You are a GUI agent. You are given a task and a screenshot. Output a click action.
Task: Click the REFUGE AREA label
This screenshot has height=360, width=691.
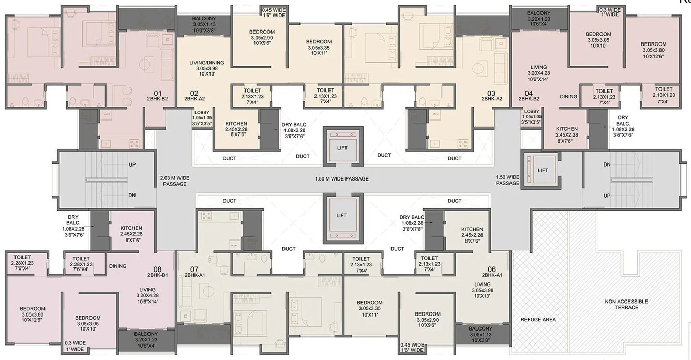tap(538, 319)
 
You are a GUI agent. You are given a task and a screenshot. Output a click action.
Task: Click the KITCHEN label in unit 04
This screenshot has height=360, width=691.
tap(567, 129)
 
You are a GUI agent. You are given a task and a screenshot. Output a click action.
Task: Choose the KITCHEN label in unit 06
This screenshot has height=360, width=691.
tap(472, 229)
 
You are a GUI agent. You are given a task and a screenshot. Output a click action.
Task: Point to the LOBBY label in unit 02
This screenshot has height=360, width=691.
tap(202, 112)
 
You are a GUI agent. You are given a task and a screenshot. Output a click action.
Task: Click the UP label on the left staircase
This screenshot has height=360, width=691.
tap(132, 164)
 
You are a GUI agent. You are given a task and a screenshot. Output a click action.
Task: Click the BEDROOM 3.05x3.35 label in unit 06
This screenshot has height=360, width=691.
tap(369, 303)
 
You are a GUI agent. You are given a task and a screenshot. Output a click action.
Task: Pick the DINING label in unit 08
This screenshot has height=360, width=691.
tap(117, 266)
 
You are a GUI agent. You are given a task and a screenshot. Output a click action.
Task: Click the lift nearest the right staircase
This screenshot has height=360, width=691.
tap(542, 170)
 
